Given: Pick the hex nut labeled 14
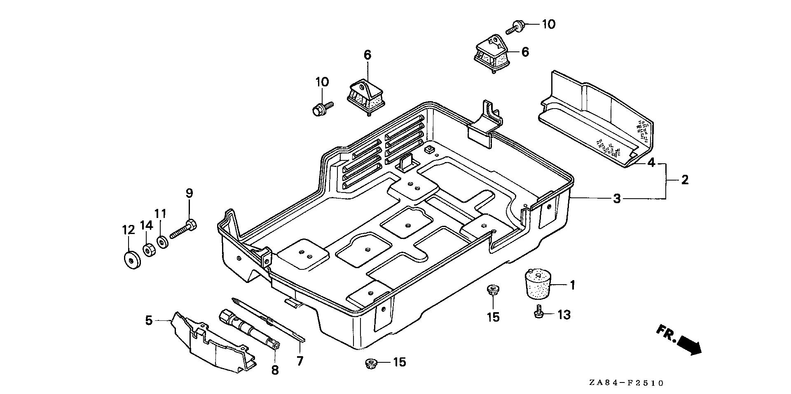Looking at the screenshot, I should [148, 249].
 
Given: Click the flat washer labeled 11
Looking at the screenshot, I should [162, 242].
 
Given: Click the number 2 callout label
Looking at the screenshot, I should [684, 180].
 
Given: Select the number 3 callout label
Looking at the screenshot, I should [616, 199].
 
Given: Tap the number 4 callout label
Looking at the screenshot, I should [651, 163].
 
